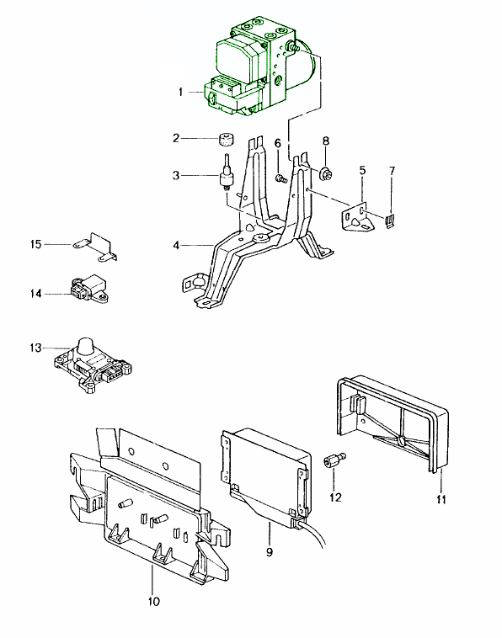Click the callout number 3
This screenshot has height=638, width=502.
[175, 176]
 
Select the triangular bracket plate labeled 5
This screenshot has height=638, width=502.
[361, 216]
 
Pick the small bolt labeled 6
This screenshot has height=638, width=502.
[282, 178]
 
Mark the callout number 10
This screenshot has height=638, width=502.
[152, 601]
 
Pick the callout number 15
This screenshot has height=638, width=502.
[35, 244]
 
